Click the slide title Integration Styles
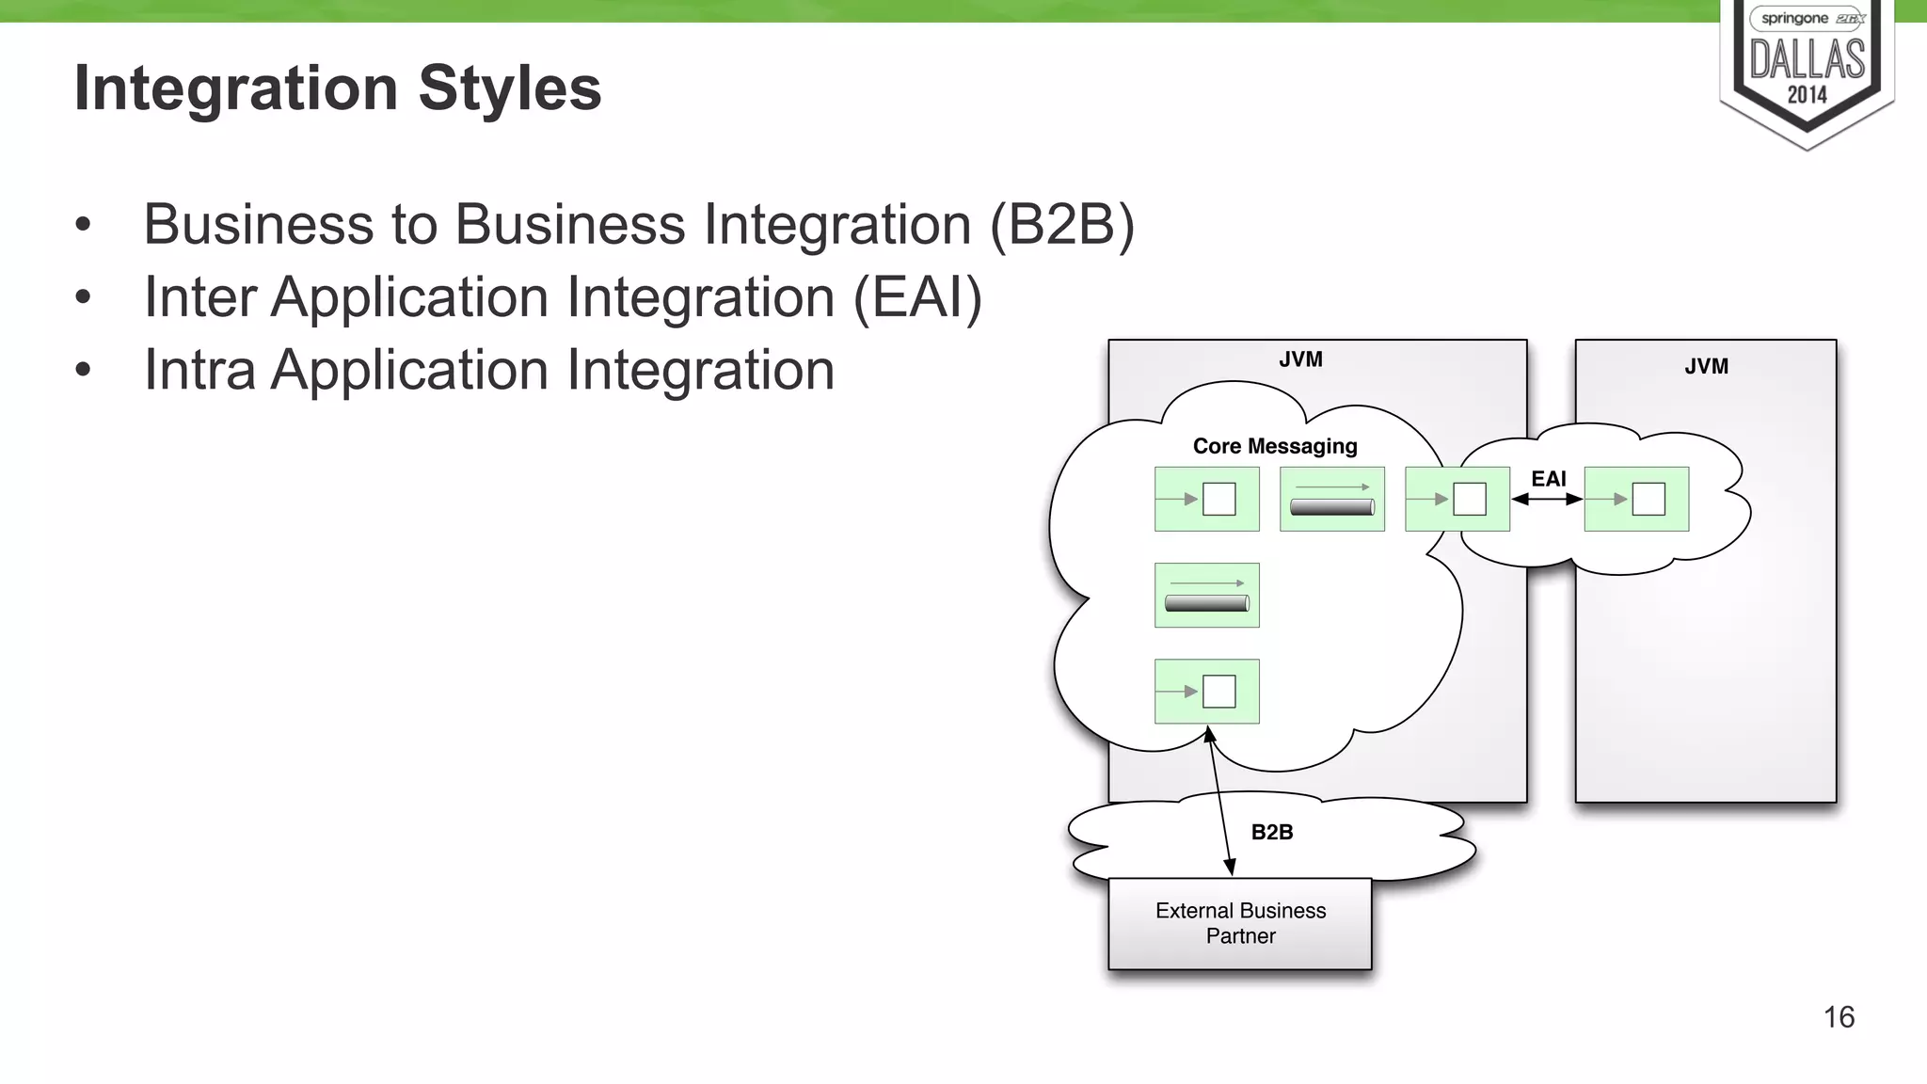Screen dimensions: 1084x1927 [x=337, y=88]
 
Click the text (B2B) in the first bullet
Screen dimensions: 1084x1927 [x=1062, y=225]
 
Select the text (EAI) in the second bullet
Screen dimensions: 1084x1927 [x=917, y=297]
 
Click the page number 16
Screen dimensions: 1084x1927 [x=1839, y=1017]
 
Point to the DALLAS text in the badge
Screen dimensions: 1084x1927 [x=1807, y=59]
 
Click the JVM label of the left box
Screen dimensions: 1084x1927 [x=1300, y=359]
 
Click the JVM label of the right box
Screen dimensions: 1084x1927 [x=1706, y=366]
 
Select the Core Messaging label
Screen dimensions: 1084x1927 [x=1275, y=446]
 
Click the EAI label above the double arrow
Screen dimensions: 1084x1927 [x=1548, y=479]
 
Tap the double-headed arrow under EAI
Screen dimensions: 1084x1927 [x=1547, y=500]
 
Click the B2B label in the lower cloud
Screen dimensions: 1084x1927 [x=1271, y=832]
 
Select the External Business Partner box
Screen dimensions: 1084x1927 [x=1240, y=923]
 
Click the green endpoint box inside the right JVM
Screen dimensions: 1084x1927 [x=1636, y=499]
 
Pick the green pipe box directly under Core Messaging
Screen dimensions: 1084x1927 [x=1331, y=499]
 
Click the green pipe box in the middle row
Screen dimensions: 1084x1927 [x=1206, y=595]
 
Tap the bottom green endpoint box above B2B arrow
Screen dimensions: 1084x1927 [x=1206, y=691]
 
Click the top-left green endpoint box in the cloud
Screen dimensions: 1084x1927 [x=1206, y=499]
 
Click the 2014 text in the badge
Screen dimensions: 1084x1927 [x=1807, y=95]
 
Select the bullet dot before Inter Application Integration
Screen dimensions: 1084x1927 [x=83, y=297]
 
